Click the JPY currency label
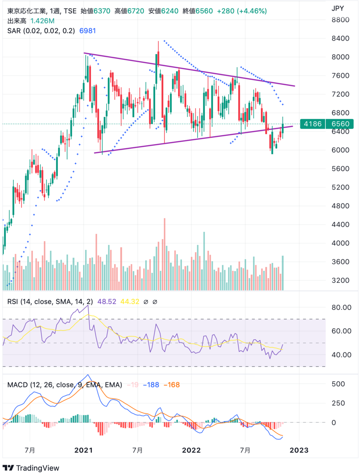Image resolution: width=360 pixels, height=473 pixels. [x=338, y=7]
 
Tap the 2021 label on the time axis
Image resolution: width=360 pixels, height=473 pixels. [x=84, y=450]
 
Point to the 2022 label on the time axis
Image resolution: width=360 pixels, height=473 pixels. [x=191, y=450]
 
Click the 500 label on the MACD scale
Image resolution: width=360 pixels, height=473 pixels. [x=338, y=384]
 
